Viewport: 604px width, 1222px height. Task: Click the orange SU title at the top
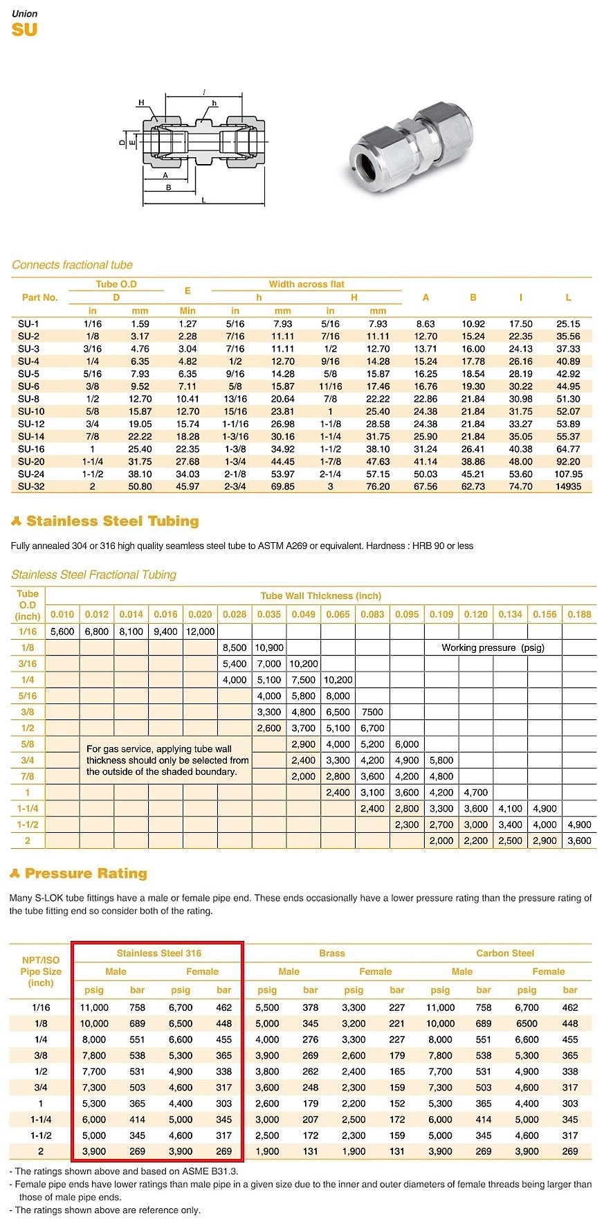point(24,30)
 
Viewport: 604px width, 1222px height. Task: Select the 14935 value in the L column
point(568,487)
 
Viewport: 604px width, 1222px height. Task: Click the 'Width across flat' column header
point(306,284)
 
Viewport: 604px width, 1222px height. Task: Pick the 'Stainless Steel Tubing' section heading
point(112,521)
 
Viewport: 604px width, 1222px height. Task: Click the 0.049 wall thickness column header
point(303,614)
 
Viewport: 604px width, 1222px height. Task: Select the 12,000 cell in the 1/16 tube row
point(200,631)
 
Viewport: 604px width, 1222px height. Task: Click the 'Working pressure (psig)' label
point(493,647)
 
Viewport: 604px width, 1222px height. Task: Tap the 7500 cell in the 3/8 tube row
point(372,712)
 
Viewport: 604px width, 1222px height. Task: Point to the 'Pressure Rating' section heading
point(86,874)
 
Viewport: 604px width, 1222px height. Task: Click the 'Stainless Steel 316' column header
point(159,953)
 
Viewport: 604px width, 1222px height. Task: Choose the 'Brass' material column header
point(332,953)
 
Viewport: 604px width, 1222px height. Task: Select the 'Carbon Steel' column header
point(505,953)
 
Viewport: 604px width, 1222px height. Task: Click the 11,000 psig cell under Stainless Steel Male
point(94,1007)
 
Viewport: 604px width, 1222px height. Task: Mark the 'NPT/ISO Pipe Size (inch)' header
point(41,971)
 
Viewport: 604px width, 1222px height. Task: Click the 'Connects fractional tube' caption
point(72,265)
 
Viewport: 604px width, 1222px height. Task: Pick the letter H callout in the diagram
point(141,102)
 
